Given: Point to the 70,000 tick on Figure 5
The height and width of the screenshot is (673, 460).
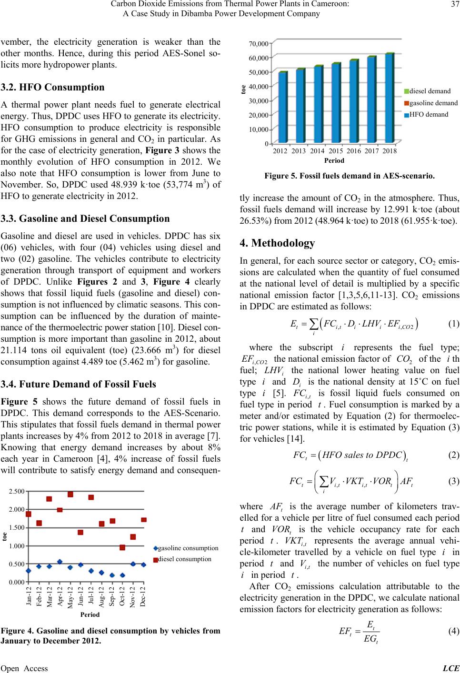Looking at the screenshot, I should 259,44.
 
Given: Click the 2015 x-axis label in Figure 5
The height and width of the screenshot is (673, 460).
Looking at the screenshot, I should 336,151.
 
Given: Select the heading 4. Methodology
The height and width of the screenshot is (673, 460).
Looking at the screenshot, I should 277,243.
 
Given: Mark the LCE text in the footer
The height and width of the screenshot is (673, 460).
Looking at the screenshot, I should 451,668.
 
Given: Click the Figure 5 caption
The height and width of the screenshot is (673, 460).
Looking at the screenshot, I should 350,176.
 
